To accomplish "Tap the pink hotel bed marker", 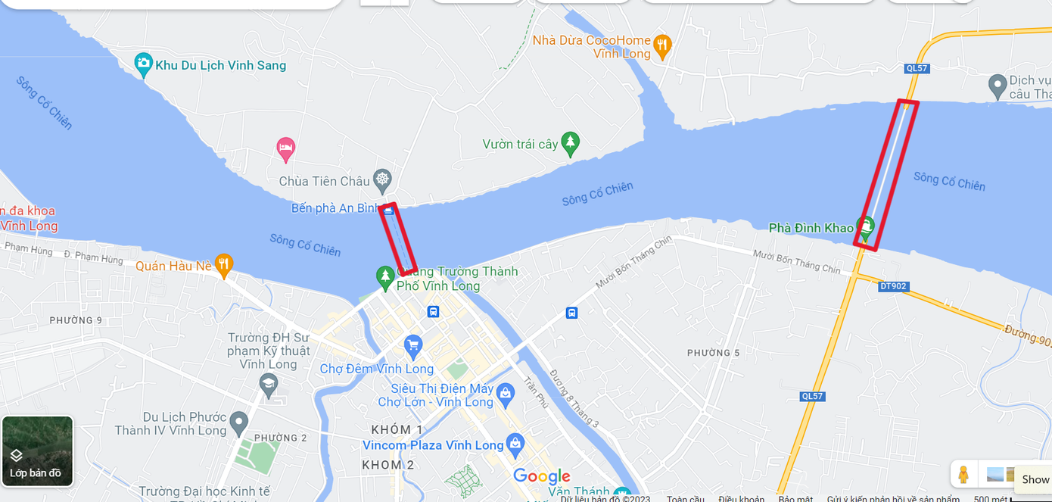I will pyautogui.click(x=285, y=148).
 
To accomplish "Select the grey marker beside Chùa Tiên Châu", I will pyautogui.click(x=383, y=179).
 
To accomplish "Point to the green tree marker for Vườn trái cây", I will pyautogui.click(x=570, y=142).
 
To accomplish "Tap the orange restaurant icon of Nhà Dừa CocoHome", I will pyautogui.click(x=662, y=45).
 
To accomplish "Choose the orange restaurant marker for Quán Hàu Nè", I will pyautogui.click(x=223, y=264).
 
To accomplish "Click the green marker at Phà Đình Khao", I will pyautogui.click(x=865, y=226).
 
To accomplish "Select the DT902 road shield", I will pyautogui.click(x=893, y=287).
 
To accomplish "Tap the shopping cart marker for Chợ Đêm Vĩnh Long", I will pyautogui.click(x=412, y=346).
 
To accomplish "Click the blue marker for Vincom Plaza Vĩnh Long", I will pyautogui.click(x=515, y=444).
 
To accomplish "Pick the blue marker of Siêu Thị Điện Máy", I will pyautogui.click(x=506, y=392).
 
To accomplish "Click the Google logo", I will pyautogui.click(x=542, y=476).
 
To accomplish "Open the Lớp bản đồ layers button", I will pyautogui.click(x=37, y=451).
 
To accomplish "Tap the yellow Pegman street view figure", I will pyautogui.click(x=963, y=475).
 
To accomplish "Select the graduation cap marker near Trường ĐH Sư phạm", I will pyautogui.click(x=268, y=384).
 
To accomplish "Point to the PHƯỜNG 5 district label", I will pyautogui.click(x=713, y=353).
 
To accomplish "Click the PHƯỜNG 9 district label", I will pyautogui.click(x=76, y=320).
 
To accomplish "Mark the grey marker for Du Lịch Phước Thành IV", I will pyautogui.click(x=239, y=422).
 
